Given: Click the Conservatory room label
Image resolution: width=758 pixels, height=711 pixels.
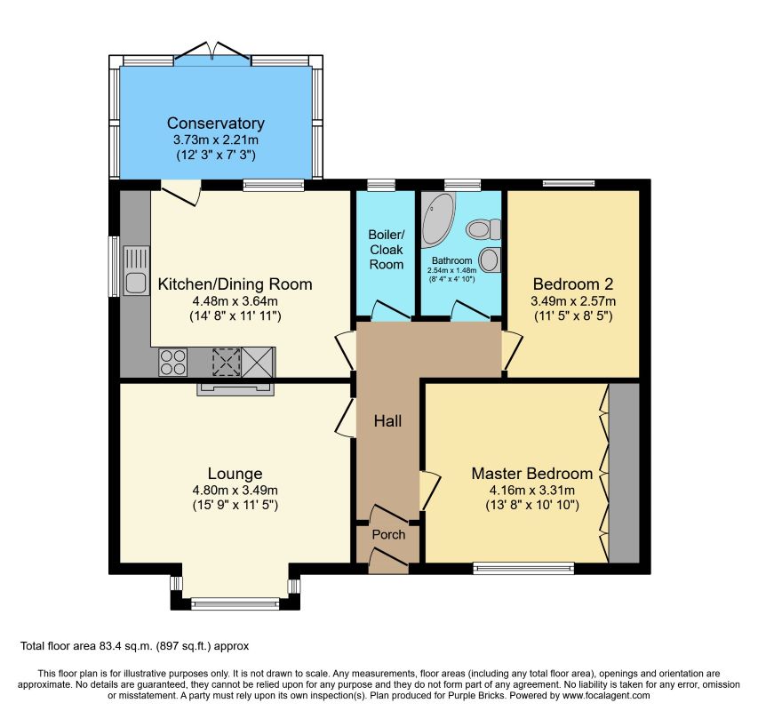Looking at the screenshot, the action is click(216, 124).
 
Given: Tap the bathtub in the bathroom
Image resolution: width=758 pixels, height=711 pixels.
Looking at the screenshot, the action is click(438, 220).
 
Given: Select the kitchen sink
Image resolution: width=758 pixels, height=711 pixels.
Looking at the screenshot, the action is click(136, 271).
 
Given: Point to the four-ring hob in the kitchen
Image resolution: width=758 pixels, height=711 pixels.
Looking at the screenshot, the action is click(173, 362).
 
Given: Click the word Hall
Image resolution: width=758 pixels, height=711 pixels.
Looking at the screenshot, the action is click(387, 421).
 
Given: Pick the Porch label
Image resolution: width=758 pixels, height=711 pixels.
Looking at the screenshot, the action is click(388, 534).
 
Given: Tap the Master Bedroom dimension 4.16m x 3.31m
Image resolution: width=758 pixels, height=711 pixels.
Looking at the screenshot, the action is click(532, 490).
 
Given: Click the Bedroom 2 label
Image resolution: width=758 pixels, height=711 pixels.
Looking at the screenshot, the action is click(573, 284).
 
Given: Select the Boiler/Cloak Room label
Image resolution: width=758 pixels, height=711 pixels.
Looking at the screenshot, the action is click(387, 250).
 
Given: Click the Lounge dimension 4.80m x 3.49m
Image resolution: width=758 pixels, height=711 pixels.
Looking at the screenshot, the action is click(235, 490).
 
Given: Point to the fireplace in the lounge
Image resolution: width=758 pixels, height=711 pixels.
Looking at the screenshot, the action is click(235, 389).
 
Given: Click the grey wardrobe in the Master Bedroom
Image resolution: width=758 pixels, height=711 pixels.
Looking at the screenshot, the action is click(624, 473).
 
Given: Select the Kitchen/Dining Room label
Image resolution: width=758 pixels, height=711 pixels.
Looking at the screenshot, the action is click(235, 284).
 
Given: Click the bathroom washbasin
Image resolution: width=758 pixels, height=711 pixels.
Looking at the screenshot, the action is click(491, 260).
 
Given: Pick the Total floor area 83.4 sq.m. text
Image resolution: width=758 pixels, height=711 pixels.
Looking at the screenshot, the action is click(135, 646).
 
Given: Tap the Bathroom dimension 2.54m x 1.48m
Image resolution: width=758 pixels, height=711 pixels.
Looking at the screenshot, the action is click(452, 271).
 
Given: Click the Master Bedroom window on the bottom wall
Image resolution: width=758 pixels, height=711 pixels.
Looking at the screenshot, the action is click(523, 568).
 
